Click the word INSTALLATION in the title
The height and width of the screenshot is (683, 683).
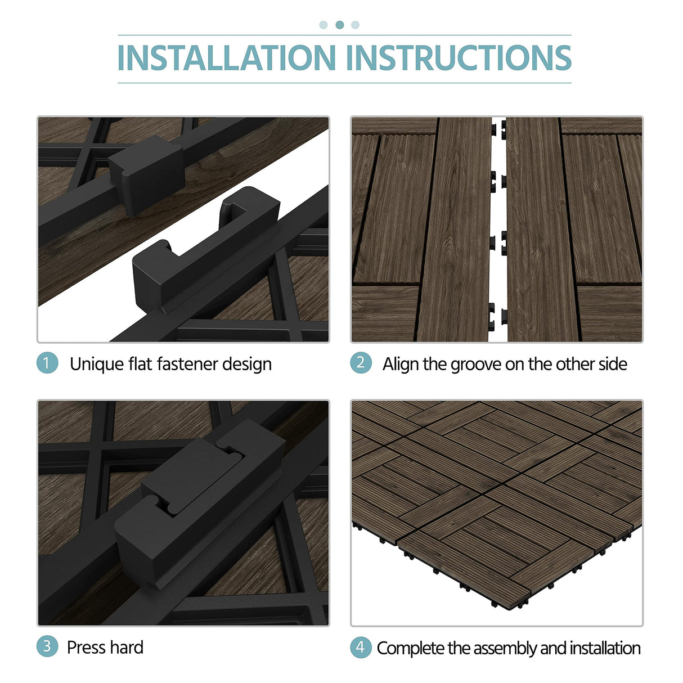226,58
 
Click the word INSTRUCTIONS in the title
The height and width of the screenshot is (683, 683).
459,58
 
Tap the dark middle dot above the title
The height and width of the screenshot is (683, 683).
339,25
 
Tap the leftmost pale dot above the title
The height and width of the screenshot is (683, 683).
323,25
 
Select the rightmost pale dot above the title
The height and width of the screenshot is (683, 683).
355,25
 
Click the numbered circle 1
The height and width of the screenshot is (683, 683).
47,363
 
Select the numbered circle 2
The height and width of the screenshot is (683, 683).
361,363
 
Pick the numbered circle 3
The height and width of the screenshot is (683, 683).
47,646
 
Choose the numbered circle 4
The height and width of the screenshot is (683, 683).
361,647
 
